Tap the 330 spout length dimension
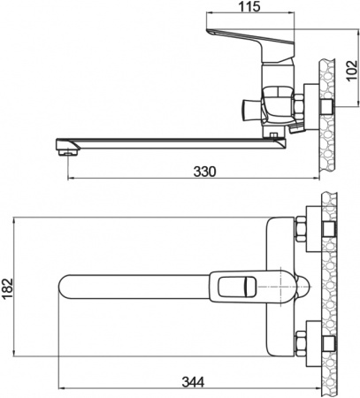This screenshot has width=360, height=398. pyautogui.click(x=204, y=172)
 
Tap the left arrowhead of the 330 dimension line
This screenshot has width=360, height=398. pyautogui.click(x=68, y=181)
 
